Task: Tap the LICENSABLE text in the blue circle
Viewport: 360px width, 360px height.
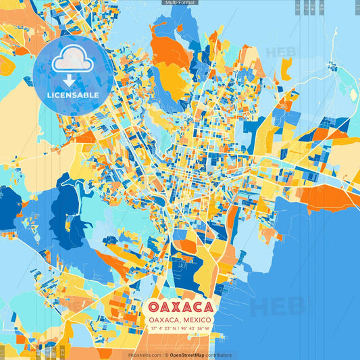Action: pos(73,95)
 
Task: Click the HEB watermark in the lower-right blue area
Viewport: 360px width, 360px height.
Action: pos(277,305)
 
